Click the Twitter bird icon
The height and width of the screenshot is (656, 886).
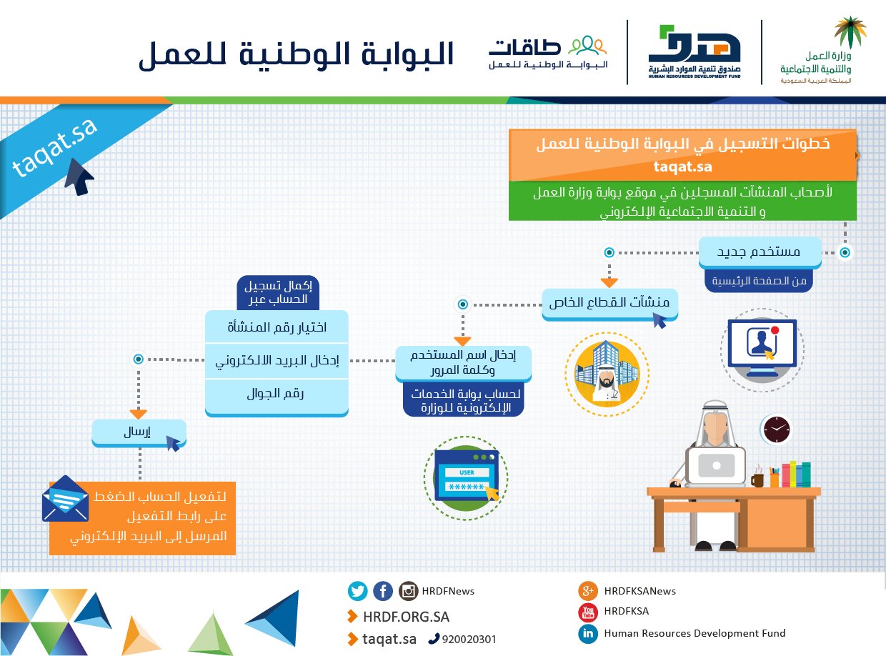tap(358, 591)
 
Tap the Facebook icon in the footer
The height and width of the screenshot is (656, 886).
tap(383, 591)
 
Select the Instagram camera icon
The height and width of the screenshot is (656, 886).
tap(409, 591)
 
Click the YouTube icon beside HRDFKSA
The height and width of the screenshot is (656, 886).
tap(588, 612)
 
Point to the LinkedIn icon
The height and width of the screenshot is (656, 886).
tap(588, 633)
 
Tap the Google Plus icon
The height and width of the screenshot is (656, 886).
tap(588, 591)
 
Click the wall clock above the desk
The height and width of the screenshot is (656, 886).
tap(776, 429)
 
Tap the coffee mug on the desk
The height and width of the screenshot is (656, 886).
tap(757, 478)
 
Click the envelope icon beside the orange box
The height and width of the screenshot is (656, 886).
tap(65, 499)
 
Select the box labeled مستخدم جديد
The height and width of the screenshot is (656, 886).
tap(760, 252)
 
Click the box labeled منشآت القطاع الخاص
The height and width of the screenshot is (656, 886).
tap(609, 302)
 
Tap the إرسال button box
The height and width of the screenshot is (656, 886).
tap(139, 432)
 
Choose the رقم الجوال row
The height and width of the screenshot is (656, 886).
tap(277, 394)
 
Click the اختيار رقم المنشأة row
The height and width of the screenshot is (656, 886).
tap(277, 327)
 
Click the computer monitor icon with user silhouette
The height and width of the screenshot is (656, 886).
tap(761, 349)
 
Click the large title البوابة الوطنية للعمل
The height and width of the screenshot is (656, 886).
tap(297, 55)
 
